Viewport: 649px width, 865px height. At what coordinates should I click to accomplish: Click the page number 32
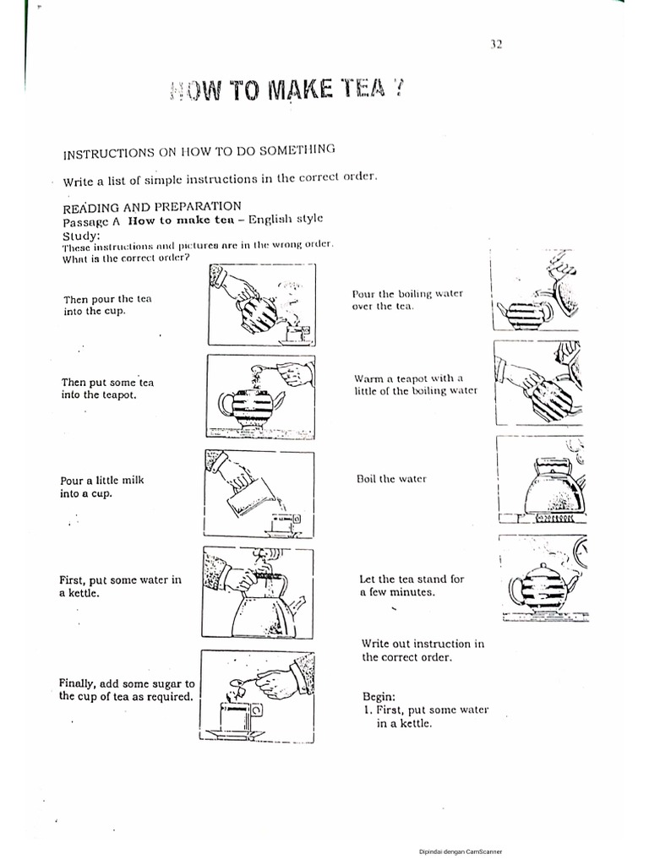(x=496, y=45)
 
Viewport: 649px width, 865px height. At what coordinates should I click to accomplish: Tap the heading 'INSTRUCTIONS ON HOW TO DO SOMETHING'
(x=199, y=151)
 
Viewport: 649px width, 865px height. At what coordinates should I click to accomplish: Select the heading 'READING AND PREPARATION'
(x=152, y=206)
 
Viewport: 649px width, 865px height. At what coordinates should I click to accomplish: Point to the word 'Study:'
(x=81, y=235)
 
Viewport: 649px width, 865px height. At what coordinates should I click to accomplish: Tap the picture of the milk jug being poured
(x=259, y=493)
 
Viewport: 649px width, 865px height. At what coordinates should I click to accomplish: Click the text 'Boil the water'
(x=392, y=479)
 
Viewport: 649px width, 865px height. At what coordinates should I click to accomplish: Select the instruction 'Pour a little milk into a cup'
(x=101, y=487)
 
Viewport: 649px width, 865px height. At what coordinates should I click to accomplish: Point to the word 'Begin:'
(x=379, y=696)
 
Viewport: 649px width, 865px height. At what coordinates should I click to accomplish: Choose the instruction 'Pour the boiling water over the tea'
(x=406, y=299)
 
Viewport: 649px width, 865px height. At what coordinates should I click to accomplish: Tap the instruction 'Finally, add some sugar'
(x=127, y=690)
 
